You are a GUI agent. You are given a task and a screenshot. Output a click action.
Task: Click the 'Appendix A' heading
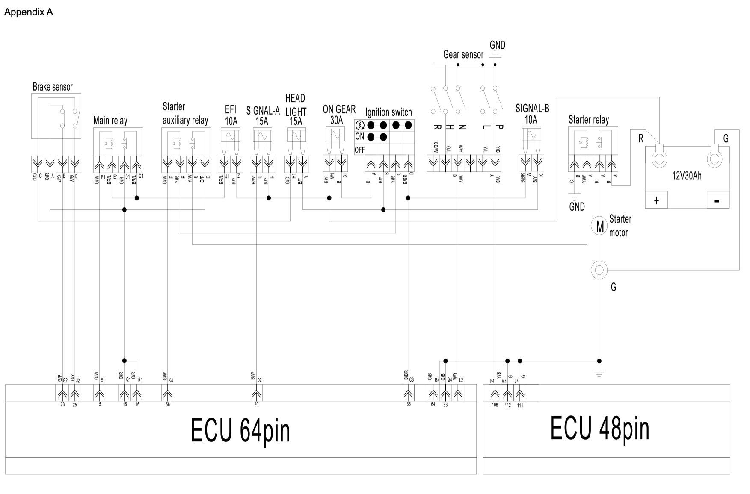28,12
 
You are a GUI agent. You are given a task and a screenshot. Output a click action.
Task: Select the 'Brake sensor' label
53,87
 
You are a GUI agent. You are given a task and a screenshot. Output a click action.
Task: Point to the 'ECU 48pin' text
599,428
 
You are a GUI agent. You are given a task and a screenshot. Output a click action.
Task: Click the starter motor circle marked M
599,226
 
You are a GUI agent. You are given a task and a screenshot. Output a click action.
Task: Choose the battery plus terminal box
656,200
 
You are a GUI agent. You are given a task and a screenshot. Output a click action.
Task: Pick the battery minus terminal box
717,200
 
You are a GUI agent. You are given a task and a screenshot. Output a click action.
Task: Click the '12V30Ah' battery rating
687,176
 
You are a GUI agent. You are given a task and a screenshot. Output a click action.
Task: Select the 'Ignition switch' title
388,112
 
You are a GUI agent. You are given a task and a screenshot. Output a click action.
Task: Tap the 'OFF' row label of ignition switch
359,150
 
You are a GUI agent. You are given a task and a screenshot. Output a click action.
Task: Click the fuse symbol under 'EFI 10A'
230,136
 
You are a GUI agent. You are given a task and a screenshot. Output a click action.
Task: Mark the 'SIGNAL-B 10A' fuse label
532,114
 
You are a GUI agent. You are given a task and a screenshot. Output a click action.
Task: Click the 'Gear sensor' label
463,55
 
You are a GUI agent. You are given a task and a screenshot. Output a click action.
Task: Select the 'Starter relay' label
588,120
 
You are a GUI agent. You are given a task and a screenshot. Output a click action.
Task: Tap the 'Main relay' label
110,121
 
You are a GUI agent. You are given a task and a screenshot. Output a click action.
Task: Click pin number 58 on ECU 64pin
168,404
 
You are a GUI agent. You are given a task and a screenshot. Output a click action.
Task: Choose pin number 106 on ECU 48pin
495,405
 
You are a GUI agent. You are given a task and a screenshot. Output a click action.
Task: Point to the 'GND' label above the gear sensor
497,45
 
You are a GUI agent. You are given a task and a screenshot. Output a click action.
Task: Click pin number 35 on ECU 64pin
409,404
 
